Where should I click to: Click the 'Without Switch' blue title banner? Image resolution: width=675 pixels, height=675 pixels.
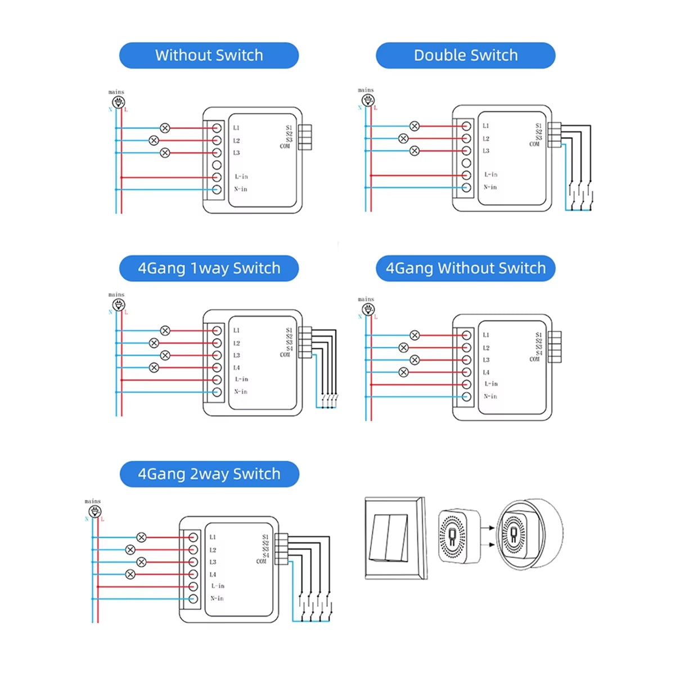(x=209, y=55)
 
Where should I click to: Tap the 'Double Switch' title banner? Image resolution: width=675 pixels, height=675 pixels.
(x=465, y=55)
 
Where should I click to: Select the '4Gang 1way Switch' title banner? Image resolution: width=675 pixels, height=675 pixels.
(x=209, y=268)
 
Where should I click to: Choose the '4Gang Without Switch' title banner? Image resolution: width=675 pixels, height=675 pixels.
(x=465, y=268)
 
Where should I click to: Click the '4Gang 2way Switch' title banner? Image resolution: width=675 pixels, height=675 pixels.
(x=209, y=474)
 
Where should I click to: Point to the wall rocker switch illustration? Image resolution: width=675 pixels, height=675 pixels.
(x=395, y=538)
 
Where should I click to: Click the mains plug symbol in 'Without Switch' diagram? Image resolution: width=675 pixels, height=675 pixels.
(x=118, y=102)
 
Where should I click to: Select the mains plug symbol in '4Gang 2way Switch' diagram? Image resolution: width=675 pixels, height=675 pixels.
(x=94, y=511)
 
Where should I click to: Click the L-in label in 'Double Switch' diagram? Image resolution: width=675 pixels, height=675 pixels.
(x=491, y=175)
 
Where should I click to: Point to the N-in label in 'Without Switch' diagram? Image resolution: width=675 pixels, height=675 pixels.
(x=240, y=190)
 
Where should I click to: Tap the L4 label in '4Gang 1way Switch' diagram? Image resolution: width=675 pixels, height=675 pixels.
(x=236, y=368)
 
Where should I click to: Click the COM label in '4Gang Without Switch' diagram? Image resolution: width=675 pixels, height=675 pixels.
(x=534, y=359)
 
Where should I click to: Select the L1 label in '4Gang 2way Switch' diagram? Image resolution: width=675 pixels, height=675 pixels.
(x=213, y=538)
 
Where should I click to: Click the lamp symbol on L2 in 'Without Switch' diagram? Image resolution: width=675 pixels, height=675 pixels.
(x=154, y=141)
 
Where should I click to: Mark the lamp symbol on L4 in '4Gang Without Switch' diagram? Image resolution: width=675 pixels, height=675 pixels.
(x=403, y=372)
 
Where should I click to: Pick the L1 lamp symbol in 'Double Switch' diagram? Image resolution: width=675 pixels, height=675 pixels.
(x=415, y=126)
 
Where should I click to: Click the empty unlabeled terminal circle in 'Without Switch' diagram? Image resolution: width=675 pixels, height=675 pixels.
(x=217, y=165)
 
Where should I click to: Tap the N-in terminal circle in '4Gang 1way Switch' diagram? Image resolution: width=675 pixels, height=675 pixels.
(x=217, y=392)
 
